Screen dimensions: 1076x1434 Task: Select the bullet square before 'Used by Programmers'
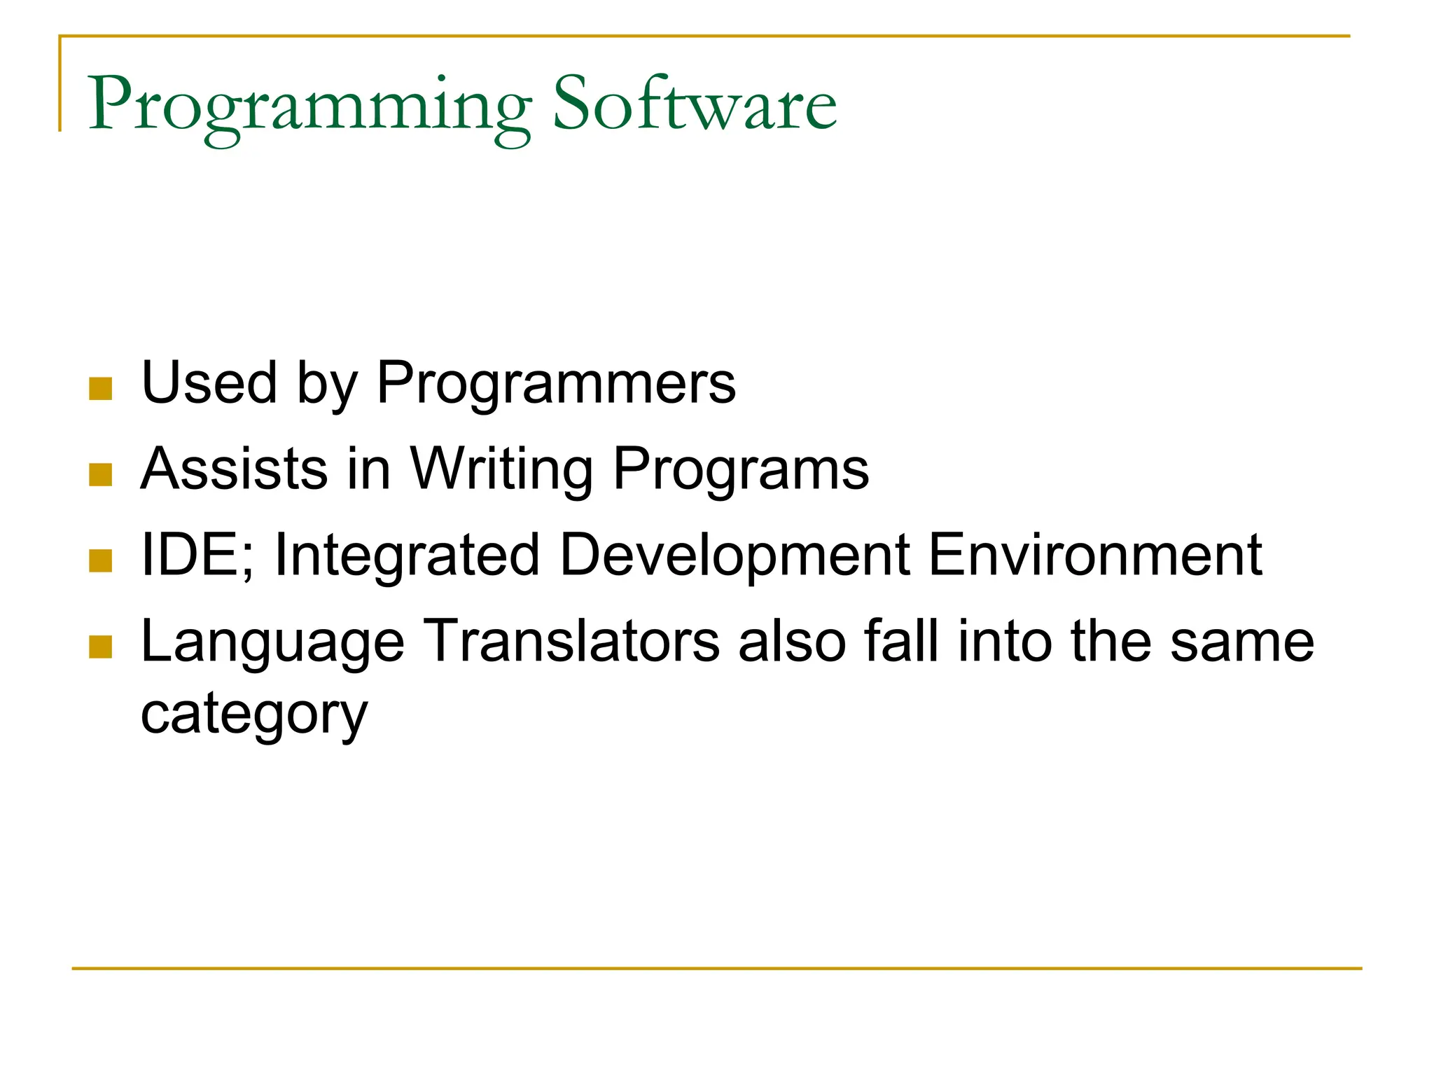[101, 389]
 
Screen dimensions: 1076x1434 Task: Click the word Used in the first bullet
[209, 382]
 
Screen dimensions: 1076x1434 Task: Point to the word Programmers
[556, 384]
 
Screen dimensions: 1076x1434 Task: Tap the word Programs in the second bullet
[741, 469]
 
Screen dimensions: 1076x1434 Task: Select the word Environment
[1095, 555]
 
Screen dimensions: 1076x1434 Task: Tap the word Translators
[572, 640]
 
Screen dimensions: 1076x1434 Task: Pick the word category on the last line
[254, 715]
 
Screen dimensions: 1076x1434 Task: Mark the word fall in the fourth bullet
[901, 640]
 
